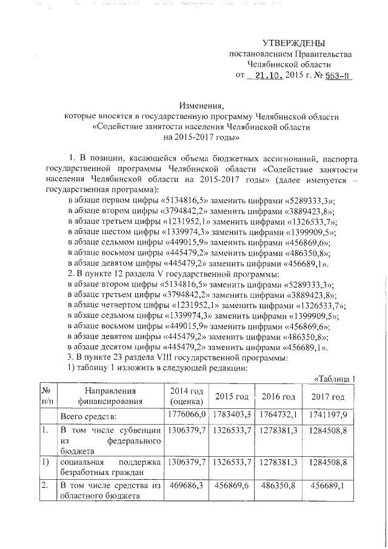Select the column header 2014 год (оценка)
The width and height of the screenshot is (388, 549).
187,396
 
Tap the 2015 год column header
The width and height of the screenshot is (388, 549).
232,397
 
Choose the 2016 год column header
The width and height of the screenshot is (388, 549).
278,397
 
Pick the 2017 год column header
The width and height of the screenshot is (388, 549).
328,397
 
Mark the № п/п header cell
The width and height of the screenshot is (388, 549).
47,396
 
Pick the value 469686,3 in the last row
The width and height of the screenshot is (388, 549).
187,485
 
